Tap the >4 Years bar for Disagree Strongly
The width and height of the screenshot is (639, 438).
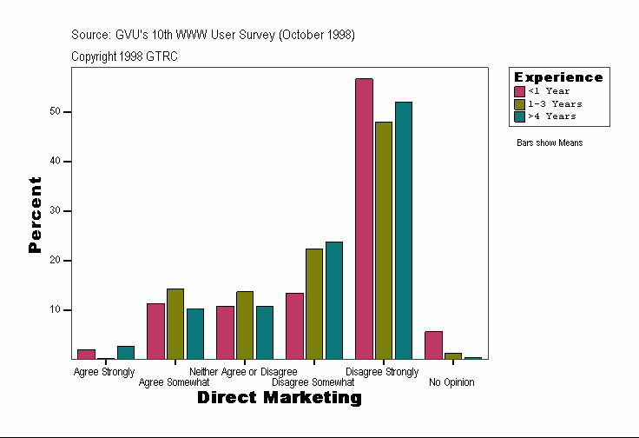click(404, 230)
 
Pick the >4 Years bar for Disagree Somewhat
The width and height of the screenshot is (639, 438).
click(334, 300)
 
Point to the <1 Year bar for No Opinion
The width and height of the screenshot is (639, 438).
click(433, 345)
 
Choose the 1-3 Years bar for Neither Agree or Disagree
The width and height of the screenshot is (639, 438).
click(245, 325)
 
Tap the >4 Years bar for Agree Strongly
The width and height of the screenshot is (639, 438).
click(126, 353)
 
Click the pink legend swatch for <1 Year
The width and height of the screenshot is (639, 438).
click(520, 91)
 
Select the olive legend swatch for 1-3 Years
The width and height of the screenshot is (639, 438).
click(520, 103)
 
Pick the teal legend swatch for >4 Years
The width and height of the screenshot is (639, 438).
click(520, 116)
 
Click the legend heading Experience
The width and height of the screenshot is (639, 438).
click(558, 77)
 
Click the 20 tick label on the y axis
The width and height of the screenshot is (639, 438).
click(55, 261)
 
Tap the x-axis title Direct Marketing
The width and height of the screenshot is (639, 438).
click(279, 398)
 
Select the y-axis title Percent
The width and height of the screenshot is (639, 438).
click(35, 215)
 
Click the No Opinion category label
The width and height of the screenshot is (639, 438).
click(451, 382)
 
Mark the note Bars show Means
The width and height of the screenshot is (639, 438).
click(550, 143)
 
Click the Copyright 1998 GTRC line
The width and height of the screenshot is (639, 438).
click(125, 56)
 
